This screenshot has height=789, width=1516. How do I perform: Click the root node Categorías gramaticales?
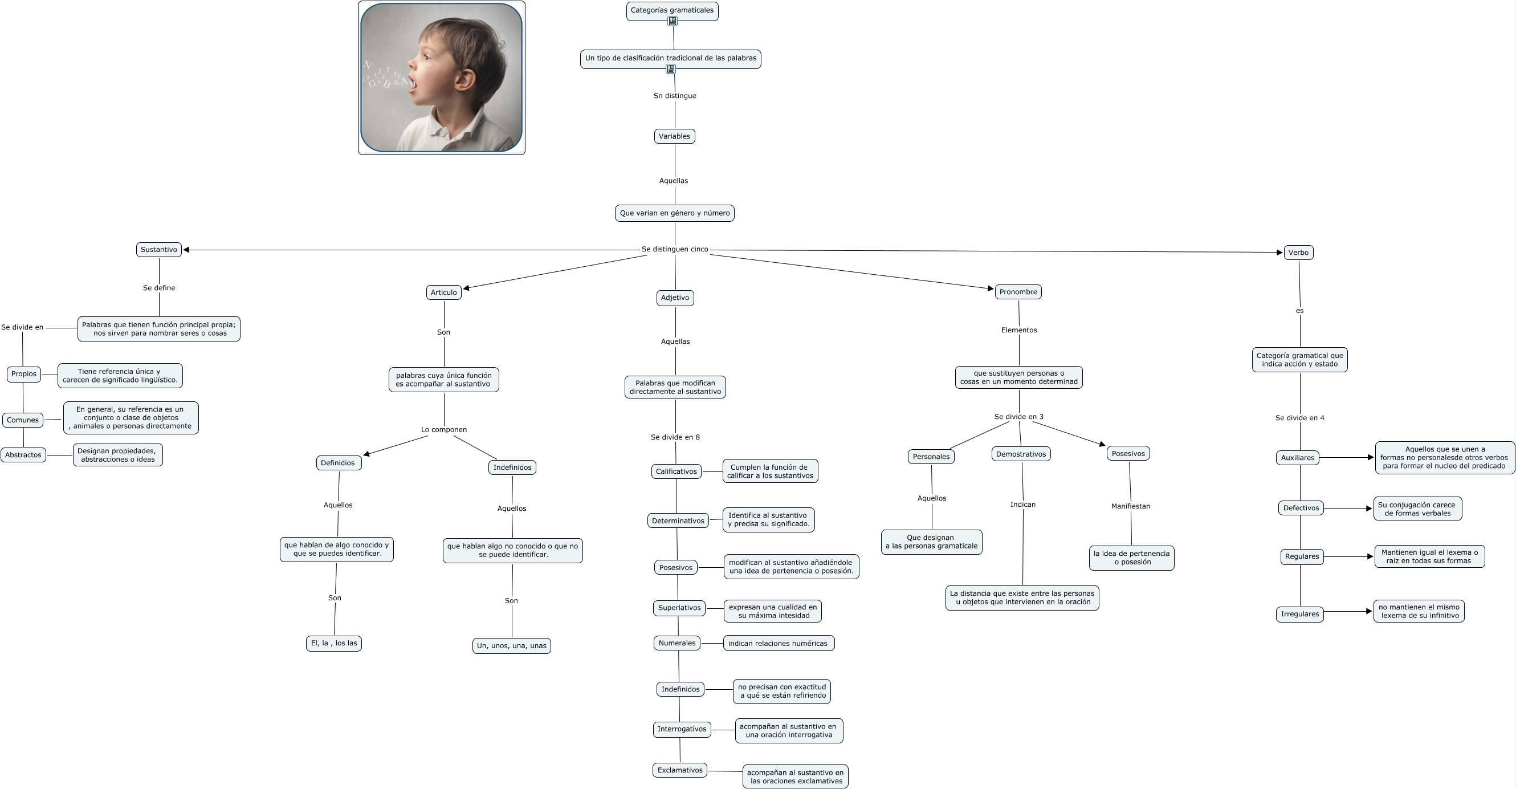coord(671,10)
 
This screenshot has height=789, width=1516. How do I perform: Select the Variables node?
coord(674,136)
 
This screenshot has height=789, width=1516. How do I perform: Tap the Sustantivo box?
coord(158,250)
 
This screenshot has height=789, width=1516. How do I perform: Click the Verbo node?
coord(1298,253)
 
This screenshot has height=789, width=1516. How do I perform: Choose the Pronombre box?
coord(1017,292)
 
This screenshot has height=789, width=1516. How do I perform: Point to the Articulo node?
coord(443,292)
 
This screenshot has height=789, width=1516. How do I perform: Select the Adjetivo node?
coord(674,298)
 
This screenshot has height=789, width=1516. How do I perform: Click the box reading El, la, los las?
coord(333,643)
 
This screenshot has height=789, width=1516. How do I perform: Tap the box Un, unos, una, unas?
coord(511,646)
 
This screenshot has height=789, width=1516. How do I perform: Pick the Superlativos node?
coord(679,608)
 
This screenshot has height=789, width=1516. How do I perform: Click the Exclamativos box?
coord(680,770)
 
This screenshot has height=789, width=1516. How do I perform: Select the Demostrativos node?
coord(1021,454)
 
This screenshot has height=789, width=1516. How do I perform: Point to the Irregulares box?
coord(1299,614)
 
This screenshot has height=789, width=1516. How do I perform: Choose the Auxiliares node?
coord(1297,458)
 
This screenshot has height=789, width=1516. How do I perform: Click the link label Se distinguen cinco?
coord(674,249)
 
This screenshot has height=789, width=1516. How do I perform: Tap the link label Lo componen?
coord(444,430)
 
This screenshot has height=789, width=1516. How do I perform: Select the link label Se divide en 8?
coord(675,437)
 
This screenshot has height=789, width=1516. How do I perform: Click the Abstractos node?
coord(23,455)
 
